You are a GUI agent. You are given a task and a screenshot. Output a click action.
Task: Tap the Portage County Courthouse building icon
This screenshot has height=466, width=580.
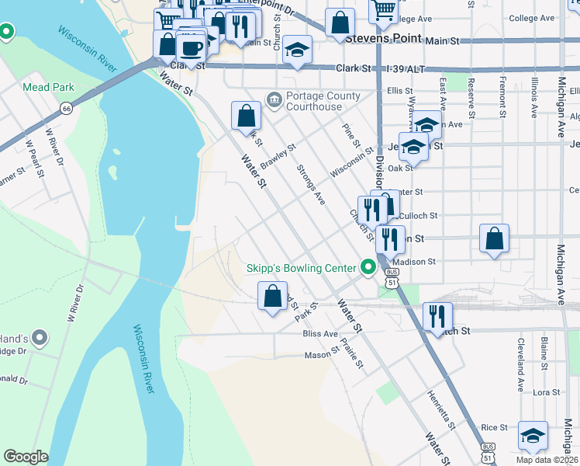(274, 99)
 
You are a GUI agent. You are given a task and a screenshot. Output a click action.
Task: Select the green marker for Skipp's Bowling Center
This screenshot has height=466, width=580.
(368, 268)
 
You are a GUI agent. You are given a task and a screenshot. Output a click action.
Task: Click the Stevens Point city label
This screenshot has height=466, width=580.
(383, 37)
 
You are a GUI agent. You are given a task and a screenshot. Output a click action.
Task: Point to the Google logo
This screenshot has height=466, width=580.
(26, 457)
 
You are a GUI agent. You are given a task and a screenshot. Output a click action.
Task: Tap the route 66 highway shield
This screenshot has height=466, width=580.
(67, 109)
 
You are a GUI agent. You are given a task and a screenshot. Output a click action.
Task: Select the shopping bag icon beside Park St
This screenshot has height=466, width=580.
(272, 296)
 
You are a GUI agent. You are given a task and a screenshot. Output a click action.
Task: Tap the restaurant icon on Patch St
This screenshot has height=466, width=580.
(437, 315)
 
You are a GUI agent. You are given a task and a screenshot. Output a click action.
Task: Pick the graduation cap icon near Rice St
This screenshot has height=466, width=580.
(533, 436)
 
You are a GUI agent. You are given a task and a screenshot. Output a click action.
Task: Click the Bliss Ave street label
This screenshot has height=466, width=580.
(320, 333)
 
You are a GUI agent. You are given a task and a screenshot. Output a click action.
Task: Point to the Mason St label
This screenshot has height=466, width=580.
(318, 355)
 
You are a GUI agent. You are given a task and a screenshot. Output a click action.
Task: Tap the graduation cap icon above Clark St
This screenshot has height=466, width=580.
(297, 50)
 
